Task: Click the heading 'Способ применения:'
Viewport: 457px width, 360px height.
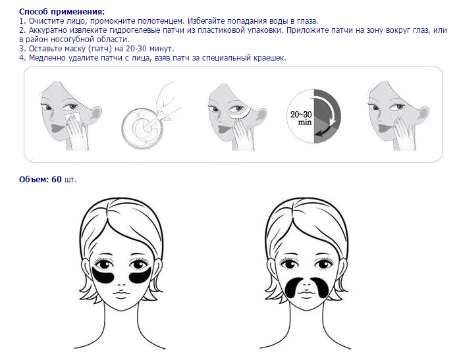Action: click(62, 12)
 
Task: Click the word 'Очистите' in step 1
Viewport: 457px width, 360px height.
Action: click(44, 21)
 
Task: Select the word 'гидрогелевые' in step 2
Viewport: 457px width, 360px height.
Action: click(133, 30)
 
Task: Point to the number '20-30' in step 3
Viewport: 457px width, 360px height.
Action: click(136, 48)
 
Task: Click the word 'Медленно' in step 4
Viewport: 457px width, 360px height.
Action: click(47, 58)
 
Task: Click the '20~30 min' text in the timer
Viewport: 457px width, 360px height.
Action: click(301, 118)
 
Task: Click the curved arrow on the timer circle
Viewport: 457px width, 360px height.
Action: click(332, 114)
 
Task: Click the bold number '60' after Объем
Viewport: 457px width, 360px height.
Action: click(57, 180)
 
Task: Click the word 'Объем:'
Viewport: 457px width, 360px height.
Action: click(34, 180)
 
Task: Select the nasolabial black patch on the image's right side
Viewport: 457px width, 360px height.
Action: click(321, 287)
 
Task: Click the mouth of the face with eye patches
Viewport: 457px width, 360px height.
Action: click(121, 294)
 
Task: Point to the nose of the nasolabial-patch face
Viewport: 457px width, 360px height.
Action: click(306, 282)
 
